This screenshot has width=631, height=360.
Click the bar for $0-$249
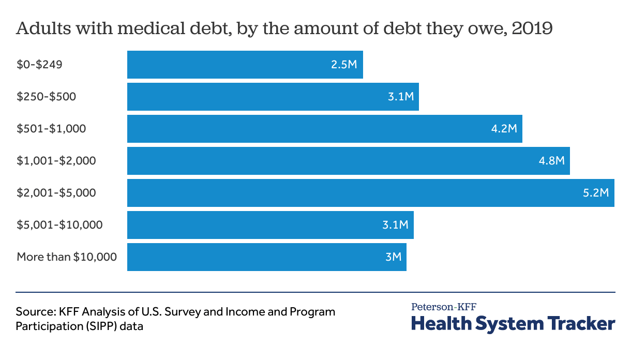click(245, 65)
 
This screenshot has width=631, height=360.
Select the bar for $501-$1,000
click(324, 129)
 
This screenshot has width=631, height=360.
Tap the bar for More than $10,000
click(266, 257)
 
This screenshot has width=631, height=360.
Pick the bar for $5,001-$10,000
click(270, 225)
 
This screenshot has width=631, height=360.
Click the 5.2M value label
click(596, 193)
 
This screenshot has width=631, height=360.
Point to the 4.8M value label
click(551, 161)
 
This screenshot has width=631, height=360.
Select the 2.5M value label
click(344, 65)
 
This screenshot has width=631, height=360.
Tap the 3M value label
click(393, 257)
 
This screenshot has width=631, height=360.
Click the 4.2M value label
click(504, 129)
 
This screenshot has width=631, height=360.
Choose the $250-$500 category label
click(47, 97)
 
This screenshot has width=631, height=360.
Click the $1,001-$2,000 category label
click(56, 161)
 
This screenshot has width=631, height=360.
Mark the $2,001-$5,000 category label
click(56, 193)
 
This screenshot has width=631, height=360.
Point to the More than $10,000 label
click(67, 257)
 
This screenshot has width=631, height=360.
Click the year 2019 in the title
click(532, 28)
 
